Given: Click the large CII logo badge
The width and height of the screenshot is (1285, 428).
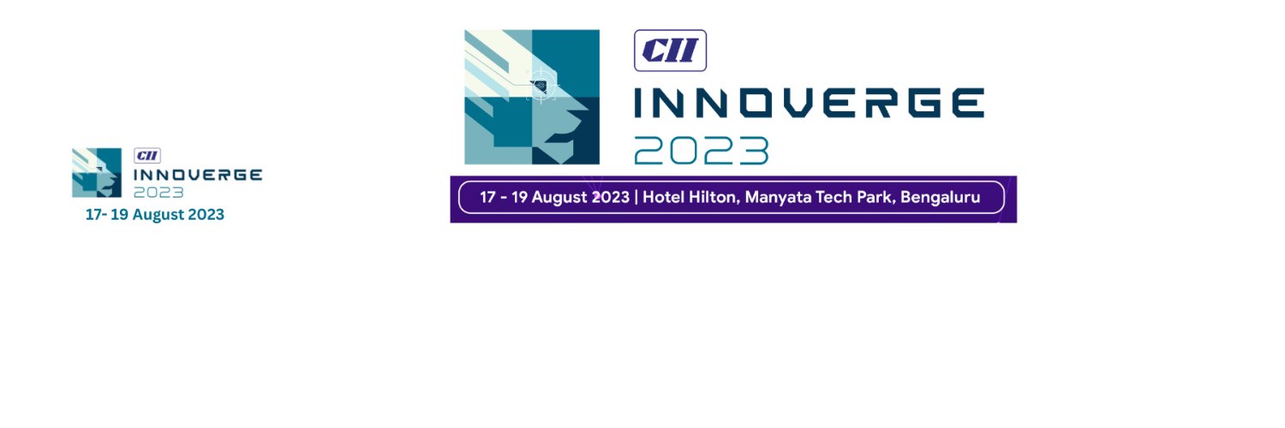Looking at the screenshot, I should pos(670,51).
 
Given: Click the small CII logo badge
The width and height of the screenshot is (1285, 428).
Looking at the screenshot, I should pos(147,156).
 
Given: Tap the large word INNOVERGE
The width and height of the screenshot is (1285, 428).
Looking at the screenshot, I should pos(808,104).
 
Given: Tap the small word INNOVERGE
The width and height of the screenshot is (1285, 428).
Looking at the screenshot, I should pos(197,175).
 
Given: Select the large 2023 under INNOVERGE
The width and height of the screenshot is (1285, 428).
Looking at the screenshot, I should pos(701,151).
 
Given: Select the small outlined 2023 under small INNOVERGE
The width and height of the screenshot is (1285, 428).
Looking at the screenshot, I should pos(158,192).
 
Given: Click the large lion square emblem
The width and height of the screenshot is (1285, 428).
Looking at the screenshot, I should pos(532,97).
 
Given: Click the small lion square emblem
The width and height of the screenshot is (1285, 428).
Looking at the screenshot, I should pos(96,172).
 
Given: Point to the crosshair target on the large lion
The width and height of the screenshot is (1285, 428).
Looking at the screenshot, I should pos(541,84).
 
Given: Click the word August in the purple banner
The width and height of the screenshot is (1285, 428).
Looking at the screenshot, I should pos(560,198).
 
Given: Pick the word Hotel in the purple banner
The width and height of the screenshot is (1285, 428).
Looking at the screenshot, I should pos(664,198).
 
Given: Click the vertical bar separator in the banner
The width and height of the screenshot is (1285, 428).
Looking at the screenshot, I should pos(636,198).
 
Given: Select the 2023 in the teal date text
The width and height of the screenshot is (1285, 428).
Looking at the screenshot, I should pos(206,215).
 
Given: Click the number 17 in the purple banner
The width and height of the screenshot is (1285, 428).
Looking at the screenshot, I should pos(487,198).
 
